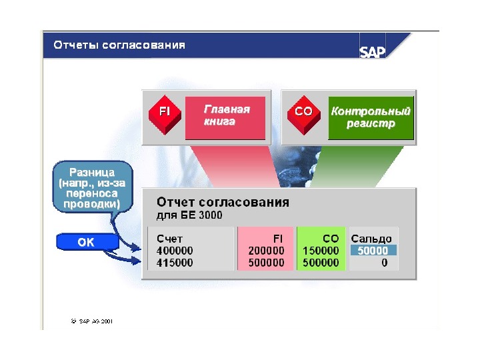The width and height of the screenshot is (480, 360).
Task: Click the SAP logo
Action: pos(373,52)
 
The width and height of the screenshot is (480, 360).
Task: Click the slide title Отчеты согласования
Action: pos(119,45)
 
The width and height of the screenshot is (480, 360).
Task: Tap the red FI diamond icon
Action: pos(164,112)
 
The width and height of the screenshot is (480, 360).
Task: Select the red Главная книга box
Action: pos(225,117)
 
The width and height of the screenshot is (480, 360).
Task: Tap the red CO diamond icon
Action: pos(303,112)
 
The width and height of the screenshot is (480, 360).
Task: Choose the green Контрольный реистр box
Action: pos(371,118)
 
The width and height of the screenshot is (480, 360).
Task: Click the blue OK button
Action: pos(86,243)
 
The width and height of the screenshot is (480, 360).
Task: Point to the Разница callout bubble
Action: pos(89,187)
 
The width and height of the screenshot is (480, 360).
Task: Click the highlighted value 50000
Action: pos(373,251)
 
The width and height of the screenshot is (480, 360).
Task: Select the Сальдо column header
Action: pos(371,239)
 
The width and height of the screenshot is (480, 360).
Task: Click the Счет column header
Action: pos(169,239)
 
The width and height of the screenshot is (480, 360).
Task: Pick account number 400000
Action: pos(175,251)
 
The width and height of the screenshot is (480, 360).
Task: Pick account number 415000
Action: pos(175,263)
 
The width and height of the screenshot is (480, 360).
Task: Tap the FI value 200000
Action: pos(266,251)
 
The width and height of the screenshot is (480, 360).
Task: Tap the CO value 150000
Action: pos(321,251)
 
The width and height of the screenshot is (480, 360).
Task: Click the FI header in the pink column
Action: pos(278,239)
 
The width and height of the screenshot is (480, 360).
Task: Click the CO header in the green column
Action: pos(331,239)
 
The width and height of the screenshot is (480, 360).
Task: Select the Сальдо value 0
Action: pos(385,263)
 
